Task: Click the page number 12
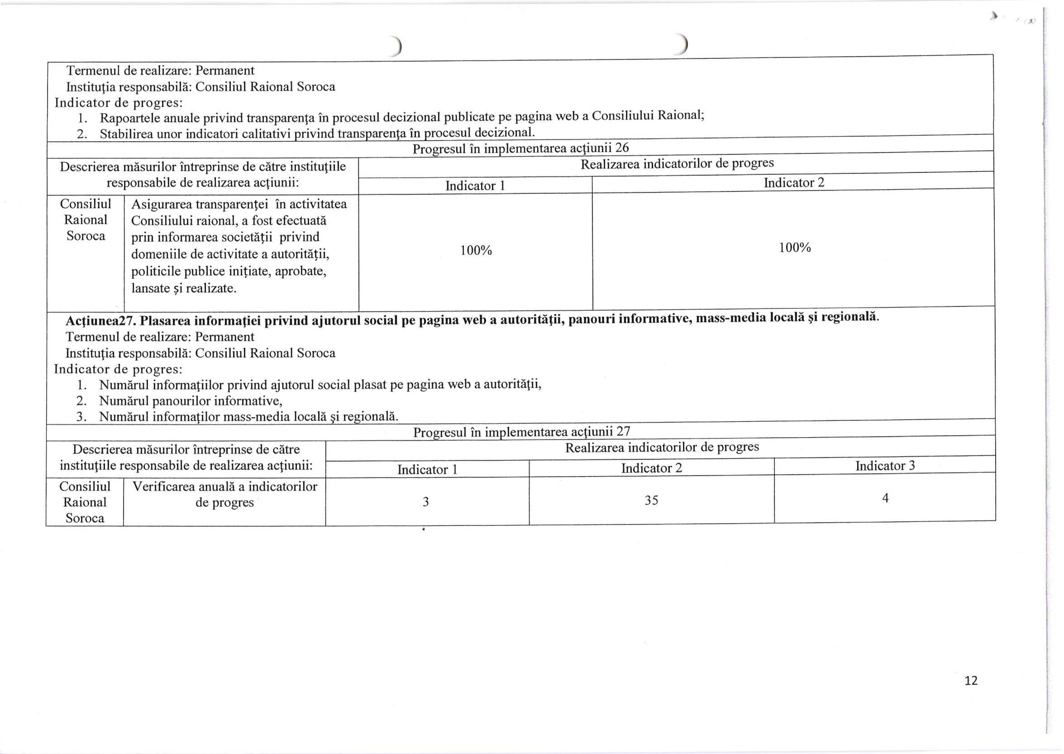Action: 971,681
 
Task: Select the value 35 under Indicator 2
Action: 651,500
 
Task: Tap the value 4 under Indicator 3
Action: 885,498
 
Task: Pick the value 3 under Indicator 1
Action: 425,502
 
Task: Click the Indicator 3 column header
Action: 885,466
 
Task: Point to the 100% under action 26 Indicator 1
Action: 476,251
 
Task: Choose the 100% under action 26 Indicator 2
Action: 794,248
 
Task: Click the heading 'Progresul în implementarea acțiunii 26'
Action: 520,148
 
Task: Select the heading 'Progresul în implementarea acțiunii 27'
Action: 521,432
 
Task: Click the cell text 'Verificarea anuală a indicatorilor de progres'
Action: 224,495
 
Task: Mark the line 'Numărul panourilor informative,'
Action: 191,401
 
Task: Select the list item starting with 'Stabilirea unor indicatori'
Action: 317,134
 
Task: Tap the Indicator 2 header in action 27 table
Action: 651,468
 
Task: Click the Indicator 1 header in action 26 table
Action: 475,186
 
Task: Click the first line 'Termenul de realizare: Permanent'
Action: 160,71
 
